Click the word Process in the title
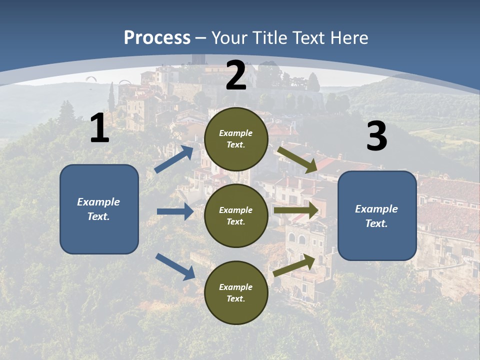tap(157, 38)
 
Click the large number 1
tap(99, 128)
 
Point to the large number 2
tap(236, 75)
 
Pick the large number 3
tap(376, 136)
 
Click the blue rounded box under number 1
tap(99, 209)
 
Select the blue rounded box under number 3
tap(377, 216)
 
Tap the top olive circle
tap(236, 139)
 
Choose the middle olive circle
tap(236, 216)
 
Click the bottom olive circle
tap(236, 293)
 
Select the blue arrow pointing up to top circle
tap(174, 159)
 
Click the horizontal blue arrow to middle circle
tap(175, 211)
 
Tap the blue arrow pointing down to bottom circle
tap(175, 266)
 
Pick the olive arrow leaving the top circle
tap(297, 159)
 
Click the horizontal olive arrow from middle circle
tap(296, 210)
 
